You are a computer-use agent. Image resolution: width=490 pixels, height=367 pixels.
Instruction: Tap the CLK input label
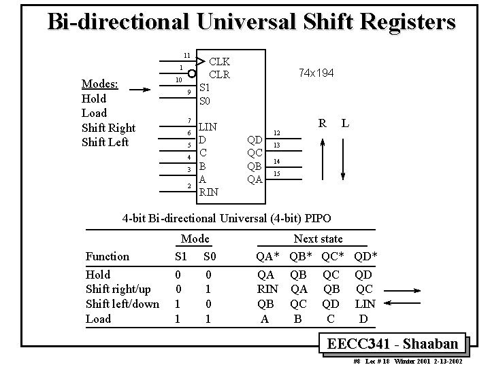[x=218, y=62]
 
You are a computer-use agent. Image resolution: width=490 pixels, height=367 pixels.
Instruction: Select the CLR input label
[x=219, y=74]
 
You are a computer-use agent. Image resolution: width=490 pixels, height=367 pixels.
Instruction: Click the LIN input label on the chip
[x=208, y=126]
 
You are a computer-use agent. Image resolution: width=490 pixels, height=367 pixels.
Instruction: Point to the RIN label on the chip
[x=208, y=192]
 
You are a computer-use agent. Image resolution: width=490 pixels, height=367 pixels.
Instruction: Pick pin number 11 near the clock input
[x=186, y=55]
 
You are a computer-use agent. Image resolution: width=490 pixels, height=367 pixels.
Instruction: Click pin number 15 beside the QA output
[x=277, y=175]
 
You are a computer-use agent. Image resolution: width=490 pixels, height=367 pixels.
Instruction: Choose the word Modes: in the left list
[x=100, y=84]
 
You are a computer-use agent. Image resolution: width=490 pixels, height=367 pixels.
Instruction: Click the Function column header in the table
[x=107, y=256]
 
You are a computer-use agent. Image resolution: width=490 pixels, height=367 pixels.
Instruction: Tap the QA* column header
[x=267, y=256]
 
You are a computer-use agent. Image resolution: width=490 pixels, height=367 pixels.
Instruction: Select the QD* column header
[x=365, y=256]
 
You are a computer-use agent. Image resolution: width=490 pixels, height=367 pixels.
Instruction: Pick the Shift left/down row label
[x=122, y=304]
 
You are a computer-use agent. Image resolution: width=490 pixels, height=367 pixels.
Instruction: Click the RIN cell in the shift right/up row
[x=267, y=290]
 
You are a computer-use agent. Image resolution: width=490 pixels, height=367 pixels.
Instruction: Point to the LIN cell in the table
[x=365, y=304]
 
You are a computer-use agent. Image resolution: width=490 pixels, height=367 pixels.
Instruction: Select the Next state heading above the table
[x=318, y=239]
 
